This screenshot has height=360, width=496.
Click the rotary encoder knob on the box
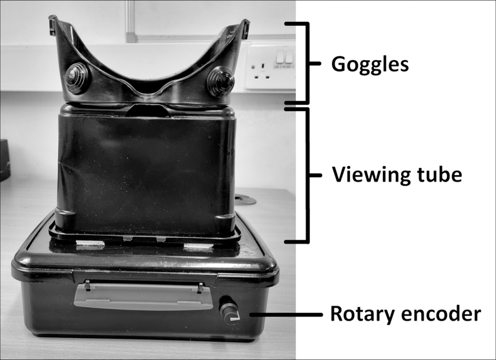[230, 310]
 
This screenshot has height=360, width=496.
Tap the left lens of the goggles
[77, 78]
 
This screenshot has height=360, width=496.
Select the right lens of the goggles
[220, 81]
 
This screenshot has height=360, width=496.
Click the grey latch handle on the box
[143, 297]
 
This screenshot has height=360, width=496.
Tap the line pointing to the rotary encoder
[286, 314]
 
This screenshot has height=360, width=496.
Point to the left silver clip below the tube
[90, 244]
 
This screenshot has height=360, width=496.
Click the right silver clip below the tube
[199, 246]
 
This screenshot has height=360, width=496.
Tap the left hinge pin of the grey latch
[88, 285]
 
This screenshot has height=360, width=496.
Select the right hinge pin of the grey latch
[200, 287]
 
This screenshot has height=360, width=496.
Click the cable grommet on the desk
[245, 200]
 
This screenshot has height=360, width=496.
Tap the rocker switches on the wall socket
[285, 57]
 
